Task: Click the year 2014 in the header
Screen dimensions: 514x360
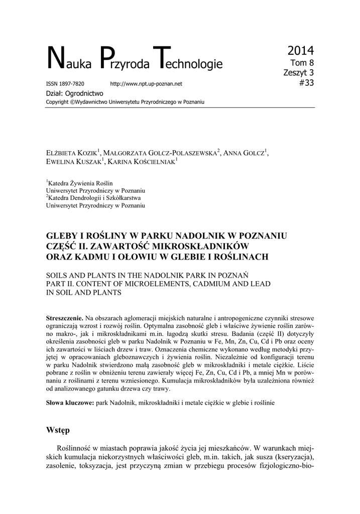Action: point(300,51)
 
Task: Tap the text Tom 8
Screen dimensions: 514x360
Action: point(303,63)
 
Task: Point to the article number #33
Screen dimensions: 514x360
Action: point(305,83)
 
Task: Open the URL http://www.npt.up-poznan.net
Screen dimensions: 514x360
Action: point(146,83)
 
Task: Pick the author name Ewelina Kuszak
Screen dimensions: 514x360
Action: point(74,163)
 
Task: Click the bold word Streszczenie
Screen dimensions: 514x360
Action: point(64,318)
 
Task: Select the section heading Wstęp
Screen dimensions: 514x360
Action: point(58,430)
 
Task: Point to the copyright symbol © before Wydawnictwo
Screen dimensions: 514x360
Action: point(72,102)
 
